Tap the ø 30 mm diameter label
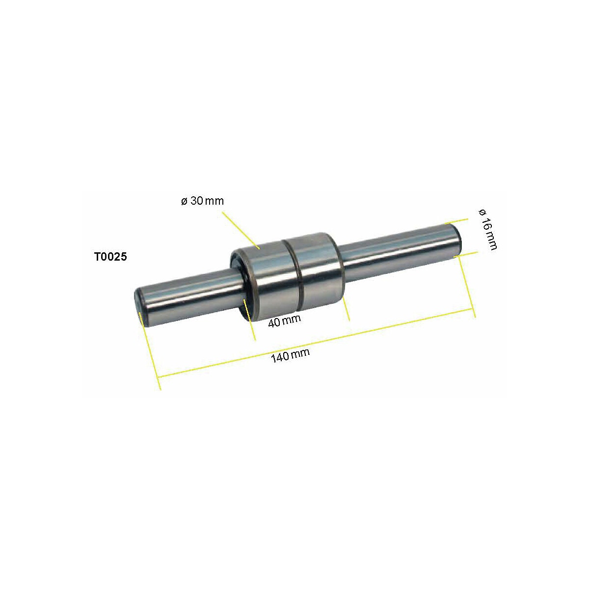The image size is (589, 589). coord(202,201)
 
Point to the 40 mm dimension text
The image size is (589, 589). coord(284,320)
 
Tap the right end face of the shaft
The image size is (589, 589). coord(456,241)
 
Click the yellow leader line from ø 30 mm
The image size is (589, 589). coord(241,231)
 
